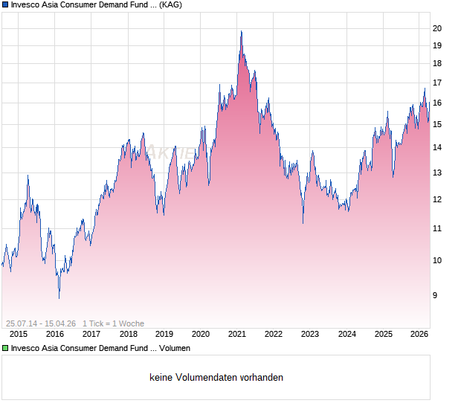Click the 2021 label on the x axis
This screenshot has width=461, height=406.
point(237,334)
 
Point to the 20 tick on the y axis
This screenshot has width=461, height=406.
point(437,28)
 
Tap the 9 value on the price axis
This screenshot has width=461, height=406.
point(435,295)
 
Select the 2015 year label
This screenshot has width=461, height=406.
point(19,334)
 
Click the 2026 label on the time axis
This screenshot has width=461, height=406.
point(419,334)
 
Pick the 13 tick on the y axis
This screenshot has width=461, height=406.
point(437,173)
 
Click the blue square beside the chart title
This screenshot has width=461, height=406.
point(5,4)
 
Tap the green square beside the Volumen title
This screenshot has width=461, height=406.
point(5,347)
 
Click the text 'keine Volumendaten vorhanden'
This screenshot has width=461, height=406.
point(216,378)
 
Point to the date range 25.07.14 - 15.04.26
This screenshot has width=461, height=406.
point(41,323)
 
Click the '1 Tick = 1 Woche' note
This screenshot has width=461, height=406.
point(113,323)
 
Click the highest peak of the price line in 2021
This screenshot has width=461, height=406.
point(241,31)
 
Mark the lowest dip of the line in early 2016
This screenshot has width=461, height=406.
point(59,297)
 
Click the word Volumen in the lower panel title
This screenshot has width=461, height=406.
point(174,347)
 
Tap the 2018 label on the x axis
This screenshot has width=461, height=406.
point(128,334)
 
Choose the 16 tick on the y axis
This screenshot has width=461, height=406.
point(437,103)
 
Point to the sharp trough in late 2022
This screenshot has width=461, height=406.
point(303,222)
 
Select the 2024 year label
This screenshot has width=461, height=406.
point(346,334)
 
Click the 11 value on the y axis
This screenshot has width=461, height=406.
point(437,228)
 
